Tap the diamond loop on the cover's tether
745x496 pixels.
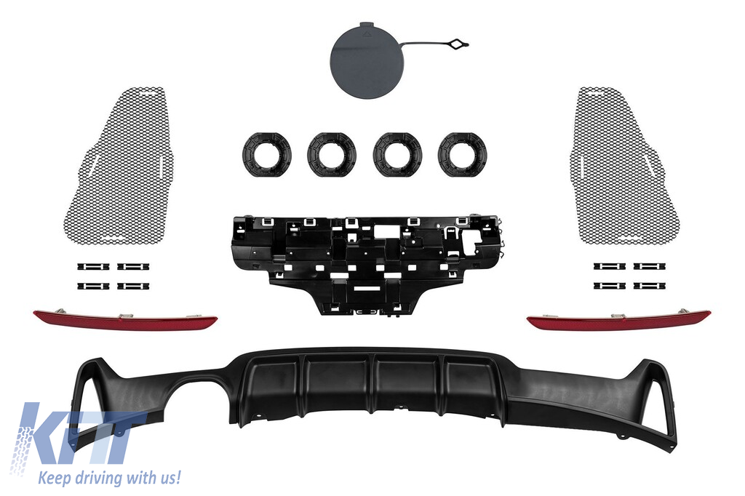tap(458, 44)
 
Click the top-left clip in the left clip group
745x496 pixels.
tap(93, 266)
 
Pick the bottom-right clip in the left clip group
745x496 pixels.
tap(134, 286)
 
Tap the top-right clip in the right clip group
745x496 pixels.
tap(649, 266)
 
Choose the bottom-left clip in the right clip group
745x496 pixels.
tap(609, 286)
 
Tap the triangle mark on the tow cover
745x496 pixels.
tap(367, 34)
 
